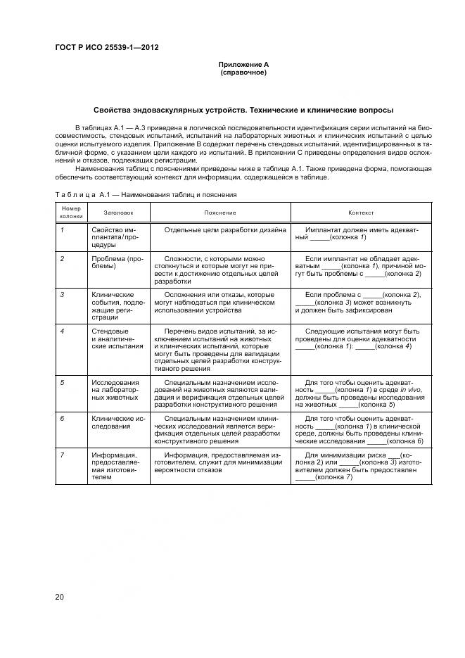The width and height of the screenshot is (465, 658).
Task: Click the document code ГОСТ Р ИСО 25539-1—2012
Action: (x=106, y=47)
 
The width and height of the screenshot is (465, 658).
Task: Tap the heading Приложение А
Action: (x=243, y=64)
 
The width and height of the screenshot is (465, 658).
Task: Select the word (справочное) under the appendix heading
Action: (x=243, y=72)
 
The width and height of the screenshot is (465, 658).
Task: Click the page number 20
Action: (x=60, y=597)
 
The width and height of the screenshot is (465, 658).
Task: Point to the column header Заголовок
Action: (x=117, y=212)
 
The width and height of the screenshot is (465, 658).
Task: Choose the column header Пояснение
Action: (x=220, y=212)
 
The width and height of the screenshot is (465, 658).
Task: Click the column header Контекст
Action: (x=361, y=212)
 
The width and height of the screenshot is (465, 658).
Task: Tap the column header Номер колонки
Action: (x=71, y=212)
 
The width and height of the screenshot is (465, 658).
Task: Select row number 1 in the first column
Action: (x=62, y=230)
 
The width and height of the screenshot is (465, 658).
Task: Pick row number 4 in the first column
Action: (x=62, y=331)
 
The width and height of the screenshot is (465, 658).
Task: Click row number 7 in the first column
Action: (x=62, y=455)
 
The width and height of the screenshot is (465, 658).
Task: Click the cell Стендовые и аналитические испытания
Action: (x=117, y=339)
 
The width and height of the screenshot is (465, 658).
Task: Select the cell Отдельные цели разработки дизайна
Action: (x=224, y=230)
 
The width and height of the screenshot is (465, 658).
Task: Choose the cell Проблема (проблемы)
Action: (x=117, y=263)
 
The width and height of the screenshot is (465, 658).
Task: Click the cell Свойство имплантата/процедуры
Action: (x=117, y=238)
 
